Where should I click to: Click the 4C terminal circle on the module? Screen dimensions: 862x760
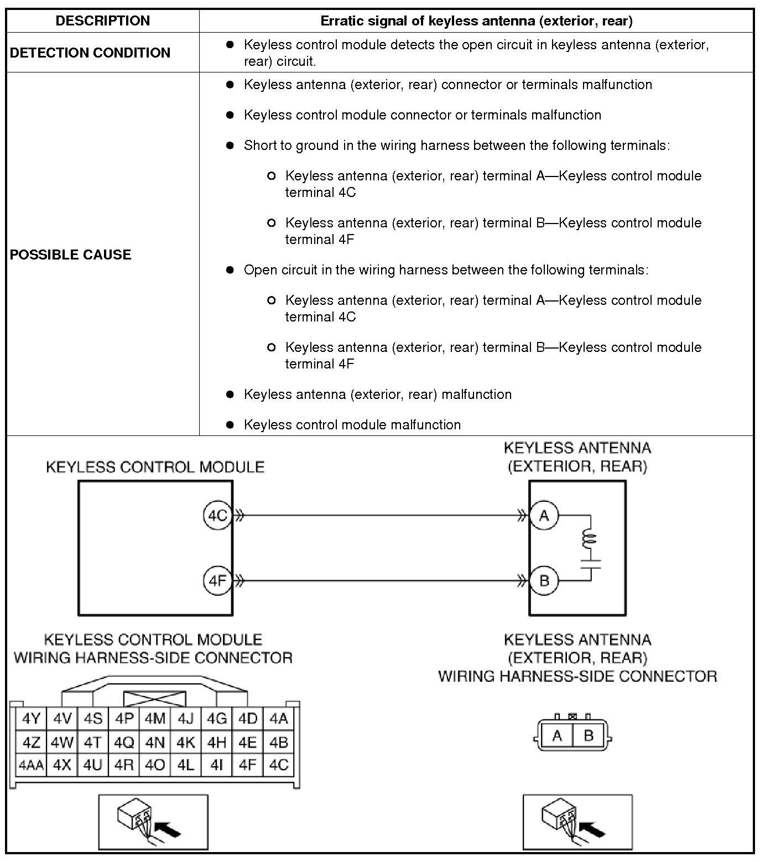coord(217,516)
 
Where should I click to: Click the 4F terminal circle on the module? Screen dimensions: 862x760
coord(217,581)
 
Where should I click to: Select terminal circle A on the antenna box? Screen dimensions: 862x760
coord(544,516)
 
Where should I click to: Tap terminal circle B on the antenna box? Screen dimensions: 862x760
coord(544,581)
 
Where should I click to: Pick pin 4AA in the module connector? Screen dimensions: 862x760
coord(31,765)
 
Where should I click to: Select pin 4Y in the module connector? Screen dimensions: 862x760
coord(31,719)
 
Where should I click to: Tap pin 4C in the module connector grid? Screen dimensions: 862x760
coord(279,765)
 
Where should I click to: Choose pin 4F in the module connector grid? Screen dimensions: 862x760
coord(248,765)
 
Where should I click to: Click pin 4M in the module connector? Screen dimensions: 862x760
coord(155,719)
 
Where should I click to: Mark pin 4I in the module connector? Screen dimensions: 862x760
coord(217,765)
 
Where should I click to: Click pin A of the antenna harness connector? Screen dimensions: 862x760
coord(557,735)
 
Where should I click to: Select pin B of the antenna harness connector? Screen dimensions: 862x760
coord(589,735)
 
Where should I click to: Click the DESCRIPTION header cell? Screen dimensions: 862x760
coord(103,21)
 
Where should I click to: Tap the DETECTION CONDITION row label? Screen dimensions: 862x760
coord(90,53)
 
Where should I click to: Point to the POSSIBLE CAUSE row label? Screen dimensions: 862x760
coord(71,255)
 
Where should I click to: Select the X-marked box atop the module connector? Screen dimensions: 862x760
coord(155,699)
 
